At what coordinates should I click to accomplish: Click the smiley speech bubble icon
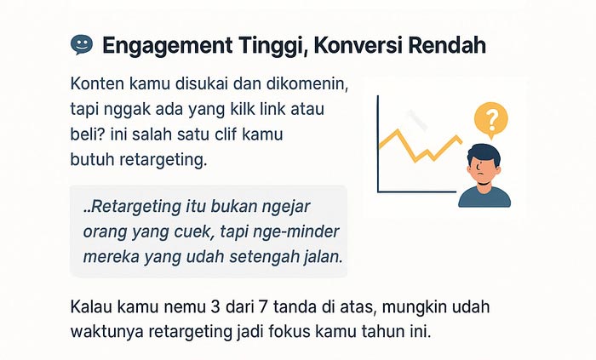pos(82,45)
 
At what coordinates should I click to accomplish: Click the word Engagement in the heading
pos(167,46)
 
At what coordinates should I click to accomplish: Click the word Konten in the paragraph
pos(97,84)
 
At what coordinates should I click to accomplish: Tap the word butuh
pos(92,159)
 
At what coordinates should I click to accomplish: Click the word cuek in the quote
pos(197,231)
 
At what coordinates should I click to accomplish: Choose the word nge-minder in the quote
pos(301,232)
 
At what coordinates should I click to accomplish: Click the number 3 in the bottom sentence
pos(215,307)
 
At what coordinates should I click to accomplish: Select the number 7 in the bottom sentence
pos(262,307)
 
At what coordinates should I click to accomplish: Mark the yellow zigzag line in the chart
pos(421,146)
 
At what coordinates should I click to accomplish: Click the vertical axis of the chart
pos(378,144)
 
